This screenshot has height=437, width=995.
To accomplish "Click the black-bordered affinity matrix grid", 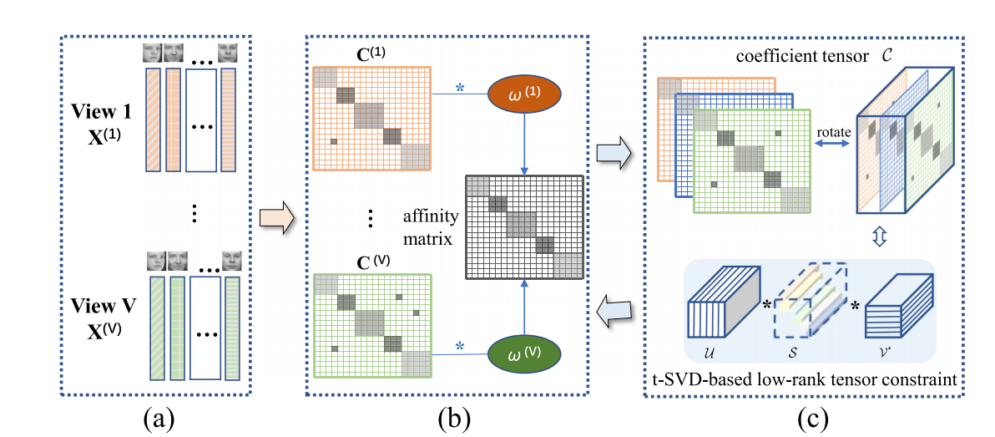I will tap(523, 226).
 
